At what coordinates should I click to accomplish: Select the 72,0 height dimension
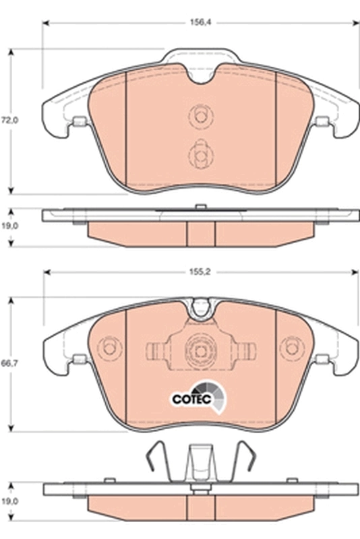coord(9,121)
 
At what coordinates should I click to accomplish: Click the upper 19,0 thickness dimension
coord(9,228)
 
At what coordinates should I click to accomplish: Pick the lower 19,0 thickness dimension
coord(9,501)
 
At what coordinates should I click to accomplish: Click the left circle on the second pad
coord(108,350)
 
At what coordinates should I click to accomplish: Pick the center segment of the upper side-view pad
coord(200,233)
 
